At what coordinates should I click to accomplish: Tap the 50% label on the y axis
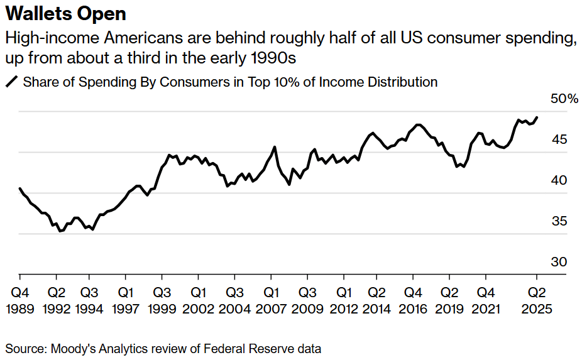coord(564,99)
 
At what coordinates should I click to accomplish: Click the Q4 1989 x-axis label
coord(20,301)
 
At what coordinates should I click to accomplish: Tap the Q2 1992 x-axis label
coord(57,301)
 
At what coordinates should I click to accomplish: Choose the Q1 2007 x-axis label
coord(271,301)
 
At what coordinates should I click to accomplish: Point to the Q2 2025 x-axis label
coord(537,301)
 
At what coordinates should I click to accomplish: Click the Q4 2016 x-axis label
coord(413,301)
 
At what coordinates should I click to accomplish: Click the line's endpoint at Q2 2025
coord(537,117)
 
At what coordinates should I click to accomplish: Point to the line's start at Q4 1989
coord(20,188)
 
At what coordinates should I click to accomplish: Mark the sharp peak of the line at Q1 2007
coord(274,147)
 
